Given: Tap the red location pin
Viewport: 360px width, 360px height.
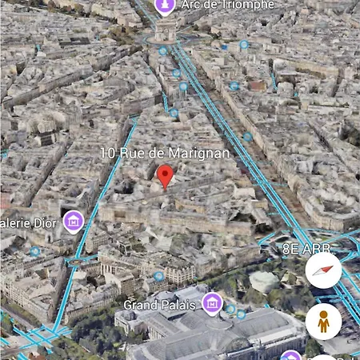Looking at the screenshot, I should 166,175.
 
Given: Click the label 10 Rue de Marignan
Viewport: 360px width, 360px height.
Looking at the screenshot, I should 165,153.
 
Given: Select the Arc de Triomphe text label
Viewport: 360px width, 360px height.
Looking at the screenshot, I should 227,6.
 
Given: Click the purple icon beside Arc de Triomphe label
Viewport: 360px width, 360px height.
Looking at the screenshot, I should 165,6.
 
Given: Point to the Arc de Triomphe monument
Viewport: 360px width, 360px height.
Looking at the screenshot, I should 166,30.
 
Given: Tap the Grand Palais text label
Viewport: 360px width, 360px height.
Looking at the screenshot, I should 159,305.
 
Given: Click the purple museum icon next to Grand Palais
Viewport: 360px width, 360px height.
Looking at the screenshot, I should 212,302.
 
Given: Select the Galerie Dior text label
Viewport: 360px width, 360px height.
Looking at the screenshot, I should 28,223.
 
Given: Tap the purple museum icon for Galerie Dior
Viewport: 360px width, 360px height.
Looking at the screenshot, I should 74,221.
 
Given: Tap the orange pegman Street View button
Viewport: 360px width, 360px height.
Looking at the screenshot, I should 323,321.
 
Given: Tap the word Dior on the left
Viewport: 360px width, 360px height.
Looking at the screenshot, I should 44,223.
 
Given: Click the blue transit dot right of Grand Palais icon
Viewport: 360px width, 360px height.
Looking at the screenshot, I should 230,308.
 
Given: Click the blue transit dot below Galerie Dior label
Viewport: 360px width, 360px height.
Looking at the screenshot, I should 35,251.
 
